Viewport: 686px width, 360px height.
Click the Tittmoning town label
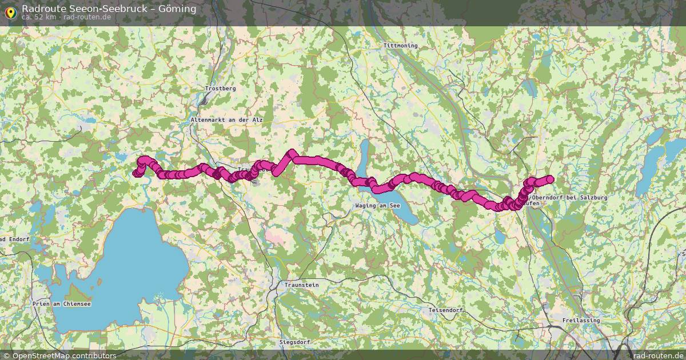(x=401, y=46)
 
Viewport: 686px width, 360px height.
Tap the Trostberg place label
(x=220, y=89)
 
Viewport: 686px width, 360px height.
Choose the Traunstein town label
(x=301, y=285)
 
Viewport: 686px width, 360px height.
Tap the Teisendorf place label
(x=445, y=310)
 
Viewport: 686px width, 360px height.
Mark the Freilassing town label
(x=581, y=321)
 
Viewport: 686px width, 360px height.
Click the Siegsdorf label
(x=295, y=342)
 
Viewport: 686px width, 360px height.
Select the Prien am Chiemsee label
(x=62, y=304)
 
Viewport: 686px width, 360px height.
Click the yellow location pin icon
(x=10, y=11)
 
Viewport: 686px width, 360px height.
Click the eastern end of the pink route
(x=551, y=179)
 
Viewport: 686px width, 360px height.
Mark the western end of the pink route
(x=136, y=174)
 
